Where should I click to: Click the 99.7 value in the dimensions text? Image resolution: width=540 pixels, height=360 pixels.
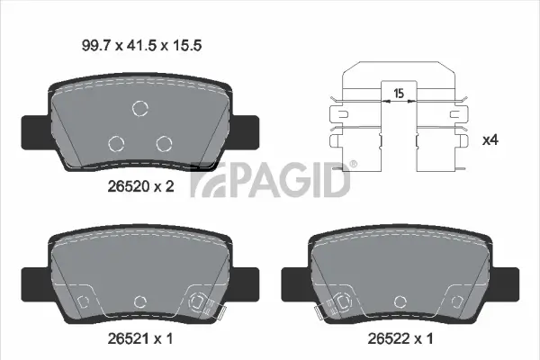[94, 42]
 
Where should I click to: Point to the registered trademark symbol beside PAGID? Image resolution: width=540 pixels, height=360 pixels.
[353, 165]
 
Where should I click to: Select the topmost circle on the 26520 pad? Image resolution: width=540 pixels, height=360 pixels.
[139, 109]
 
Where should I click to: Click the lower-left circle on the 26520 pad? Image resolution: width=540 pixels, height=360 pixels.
[116, 143]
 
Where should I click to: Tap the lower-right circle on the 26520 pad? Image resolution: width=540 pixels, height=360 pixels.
[163, 143]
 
